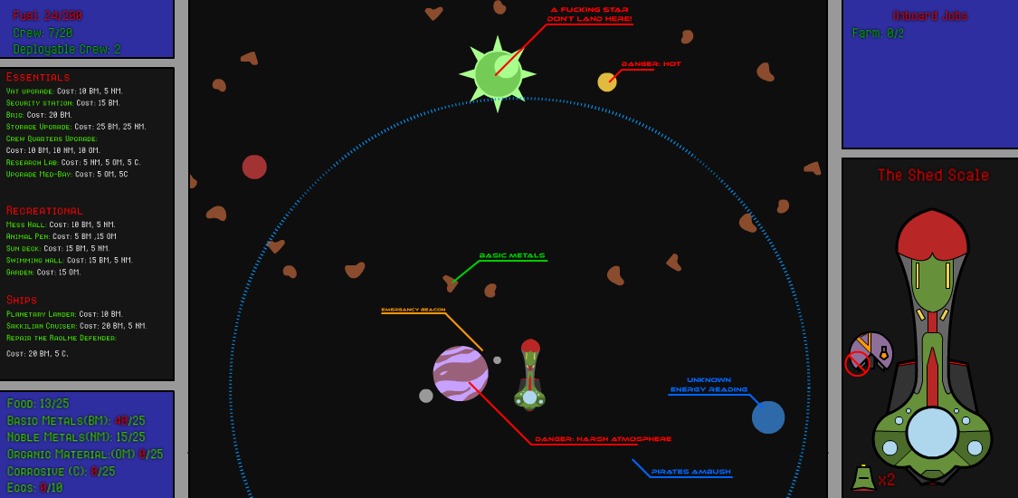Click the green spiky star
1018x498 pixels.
pos(497,74)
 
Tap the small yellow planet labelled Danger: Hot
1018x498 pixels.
pos(606,82)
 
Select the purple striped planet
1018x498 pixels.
pos(461,373)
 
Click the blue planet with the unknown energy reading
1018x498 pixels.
pos(768,417)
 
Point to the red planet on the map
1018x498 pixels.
pos(254,167)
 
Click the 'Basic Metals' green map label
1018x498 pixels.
pos(512,255)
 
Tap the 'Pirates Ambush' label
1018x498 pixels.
pos(691,472)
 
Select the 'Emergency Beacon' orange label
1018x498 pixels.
pos(413,310)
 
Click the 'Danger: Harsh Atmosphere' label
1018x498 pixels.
pos(603,439)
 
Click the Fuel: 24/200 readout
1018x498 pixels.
pos(47,15)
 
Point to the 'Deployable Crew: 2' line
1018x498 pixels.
pos(67,49)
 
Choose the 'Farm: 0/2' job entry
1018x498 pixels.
pos(878,34)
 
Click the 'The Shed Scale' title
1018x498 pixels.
pos(933,176)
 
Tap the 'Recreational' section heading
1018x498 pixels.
pos(44,211)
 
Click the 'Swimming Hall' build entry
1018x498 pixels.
pos(69,260)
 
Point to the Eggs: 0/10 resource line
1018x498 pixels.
pos(35,488)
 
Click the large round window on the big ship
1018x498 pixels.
pos(932,432)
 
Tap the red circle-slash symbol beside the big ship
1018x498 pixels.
pos(857,364)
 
